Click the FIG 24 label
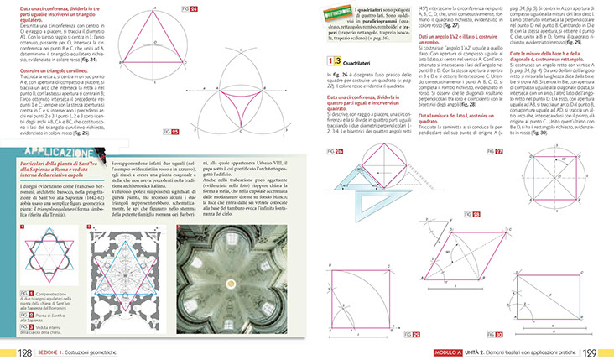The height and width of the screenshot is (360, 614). tap(192, 8)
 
